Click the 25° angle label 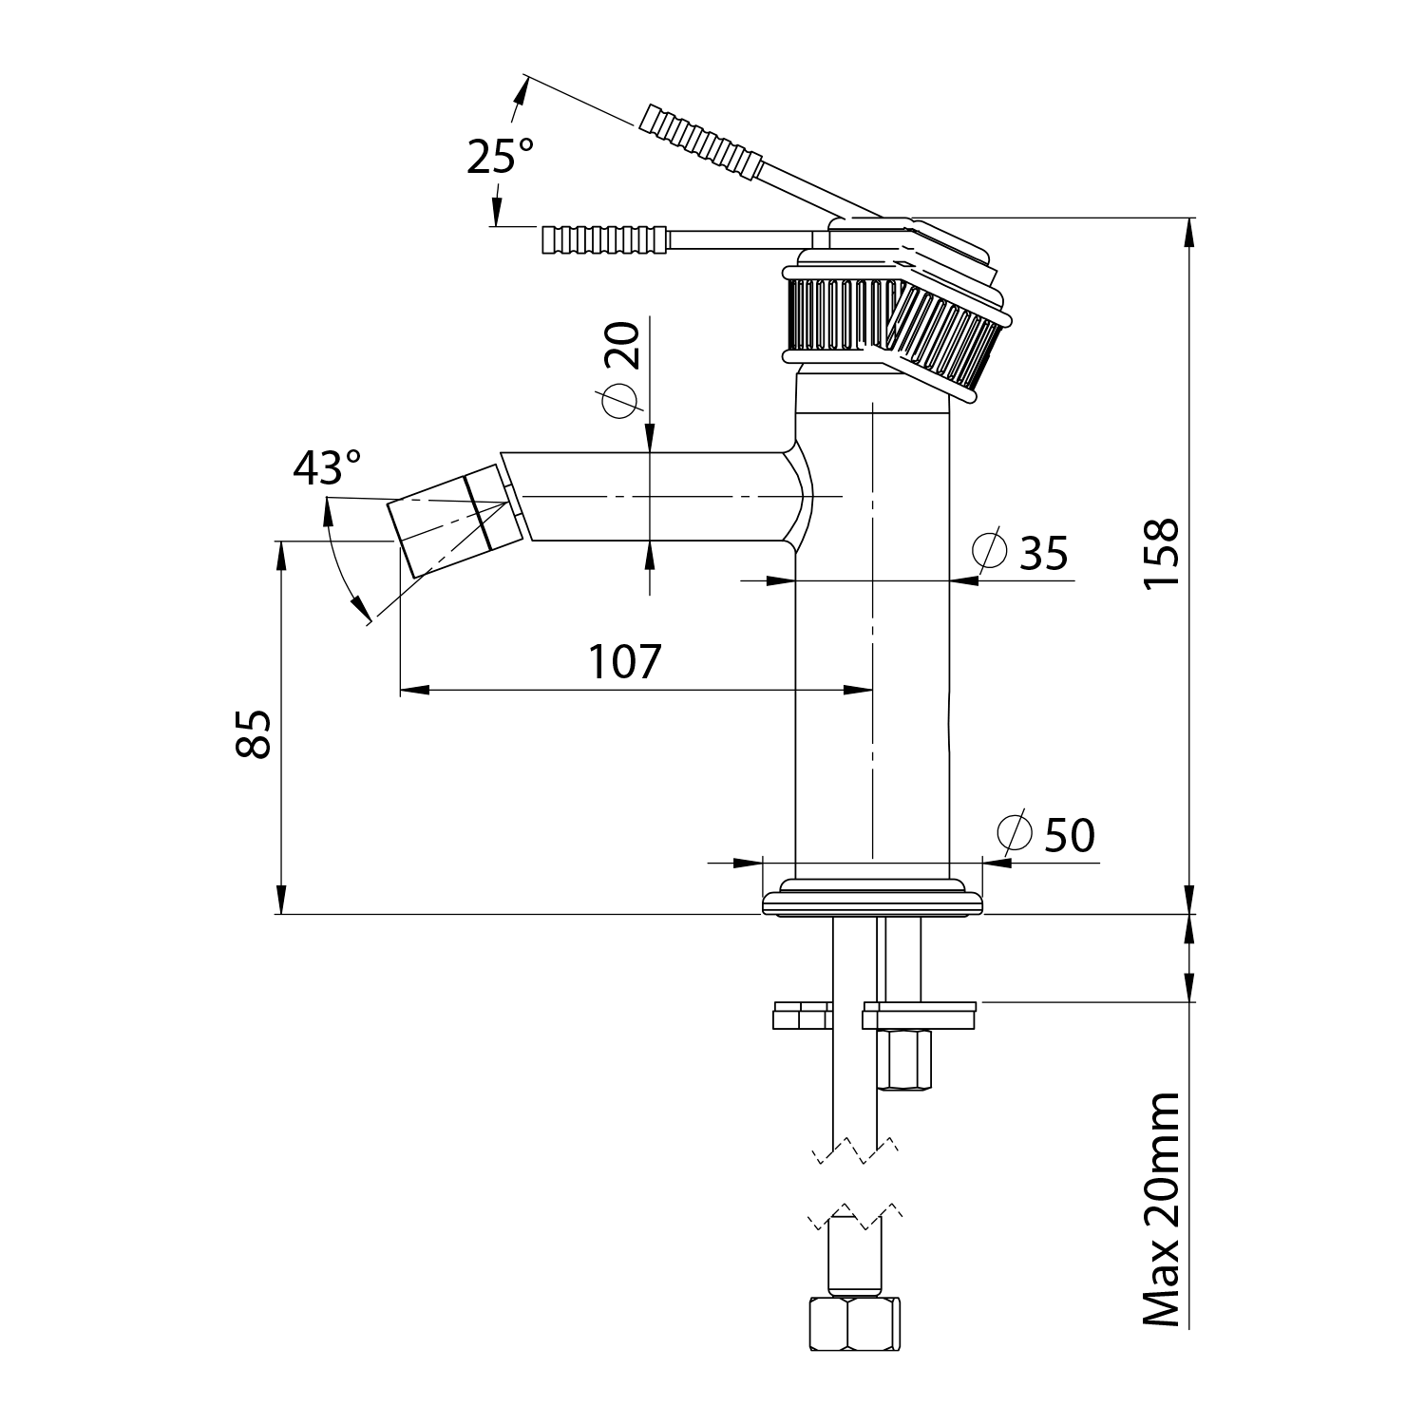[x=500, y=156]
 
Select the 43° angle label [x=327, y=467]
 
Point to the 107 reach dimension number [x=624, y=662]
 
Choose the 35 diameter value [x=1044, y=553]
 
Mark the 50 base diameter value [x=1069, y=836]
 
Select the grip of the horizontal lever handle [x=604, y=239]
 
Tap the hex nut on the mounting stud [x=905, y=1061]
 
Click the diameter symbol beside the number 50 [x=1015, y=833]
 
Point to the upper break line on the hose [x=855, y=1149]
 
